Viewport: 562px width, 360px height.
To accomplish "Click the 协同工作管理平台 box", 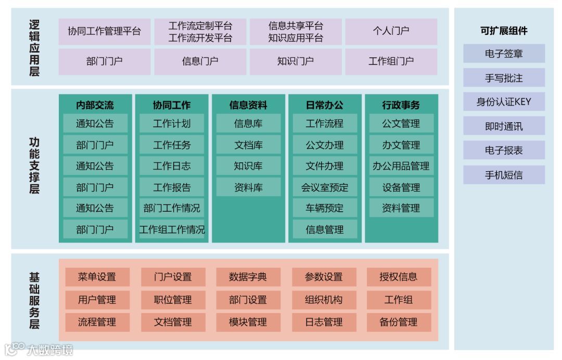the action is click(x=104, y=31).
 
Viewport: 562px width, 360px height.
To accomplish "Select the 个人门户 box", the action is click(x=391, y=31).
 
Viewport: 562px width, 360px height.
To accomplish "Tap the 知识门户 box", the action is click(x=295, y=61).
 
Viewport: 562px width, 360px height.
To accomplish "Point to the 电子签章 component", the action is click(x=504, y=54).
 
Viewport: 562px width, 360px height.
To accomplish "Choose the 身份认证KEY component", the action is click(x=504, y=102).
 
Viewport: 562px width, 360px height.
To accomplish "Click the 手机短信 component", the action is click(x=504, y=175).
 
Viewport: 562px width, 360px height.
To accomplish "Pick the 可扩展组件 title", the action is click(x=504, y=31).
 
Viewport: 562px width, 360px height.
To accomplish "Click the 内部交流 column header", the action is click(x=95, y=105).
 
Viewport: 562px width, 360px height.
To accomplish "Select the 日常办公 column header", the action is click(x=325, y=105).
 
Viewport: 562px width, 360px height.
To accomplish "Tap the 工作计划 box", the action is click(x=172, y=124).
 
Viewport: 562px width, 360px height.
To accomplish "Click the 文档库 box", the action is click(x=248, y=145).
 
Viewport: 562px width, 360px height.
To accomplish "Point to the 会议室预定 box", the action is click(x=325, y=187).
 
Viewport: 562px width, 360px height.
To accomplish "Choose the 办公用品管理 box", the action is click(x=401, y=166).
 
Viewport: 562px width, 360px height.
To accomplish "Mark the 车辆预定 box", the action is click(x=325, y=208).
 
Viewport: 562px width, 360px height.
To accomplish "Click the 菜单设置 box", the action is click(x=97, y=277).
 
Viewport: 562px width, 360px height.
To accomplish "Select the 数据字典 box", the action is click(x=248, y=277).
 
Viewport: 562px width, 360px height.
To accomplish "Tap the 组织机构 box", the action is click(x=324, y=300).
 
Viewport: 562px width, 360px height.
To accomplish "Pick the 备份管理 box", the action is click(x=399, y=322).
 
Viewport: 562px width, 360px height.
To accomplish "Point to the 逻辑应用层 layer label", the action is click(x=34, y=48).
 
